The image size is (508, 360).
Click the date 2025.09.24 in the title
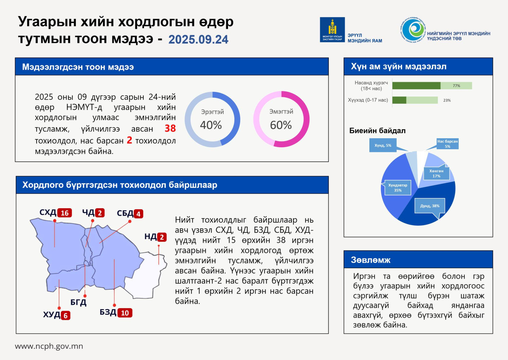[x=198, y=39]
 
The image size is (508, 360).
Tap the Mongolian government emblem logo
[x=332, y=30]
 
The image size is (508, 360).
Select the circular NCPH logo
[x=413, y=30]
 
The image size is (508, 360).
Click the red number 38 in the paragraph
[x=170, y=128]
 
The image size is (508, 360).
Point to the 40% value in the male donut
[x=211, y=125]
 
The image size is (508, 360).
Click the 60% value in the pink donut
[x=281, y=125]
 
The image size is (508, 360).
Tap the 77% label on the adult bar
[x=456, y=86]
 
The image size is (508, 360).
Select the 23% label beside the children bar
[x=447, y=100]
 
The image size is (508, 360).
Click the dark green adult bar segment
[x=416, y=86]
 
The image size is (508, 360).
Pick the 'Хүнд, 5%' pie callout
[x=383, y=145]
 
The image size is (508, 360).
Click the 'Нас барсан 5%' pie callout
[x=447, y=144]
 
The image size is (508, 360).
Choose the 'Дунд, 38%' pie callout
[x=430, y=206]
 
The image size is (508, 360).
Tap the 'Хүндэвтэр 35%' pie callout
[x=398, y=188]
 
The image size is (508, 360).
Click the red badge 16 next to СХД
[x=65, y=213]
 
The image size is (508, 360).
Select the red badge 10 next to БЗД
[x=125, y=313]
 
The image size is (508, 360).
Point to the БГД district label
[x=78, y=302]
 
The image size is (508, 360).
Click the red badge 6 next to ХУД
[x=65, y=316]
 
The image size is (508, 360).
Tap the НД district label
[x=150, y=237]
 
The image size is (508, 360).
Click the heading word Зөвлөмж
[x=371, y=260]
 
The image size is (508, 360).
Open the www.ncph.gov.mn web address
[x=49, y=346]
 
